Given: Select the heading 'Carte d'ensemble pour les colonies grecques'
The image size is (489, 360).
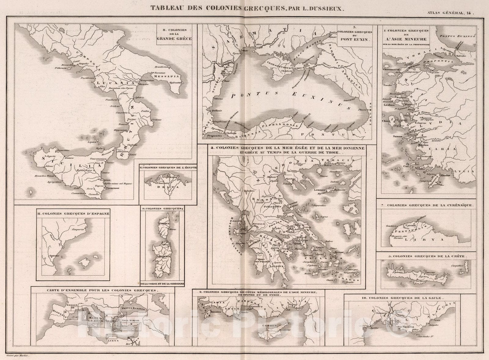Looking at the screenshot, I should pyautogui.click(x=102, y=290).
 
